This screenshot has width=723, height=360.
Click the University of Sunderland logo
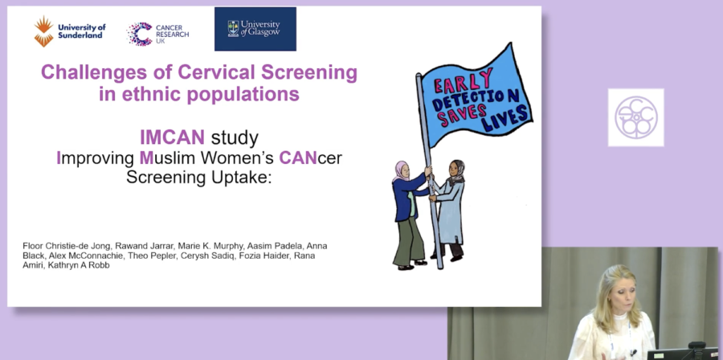pyautogui.click(x=70, y=31)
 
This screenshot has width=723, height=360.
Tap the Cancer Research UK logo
pyautogui.click(x=157, y=34)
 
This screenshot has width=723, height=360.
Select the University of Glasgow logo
pyautogui.click(x=255, y=29)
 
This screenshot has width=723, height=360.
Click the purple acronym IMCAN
pyautogui.click(x=172, y=137)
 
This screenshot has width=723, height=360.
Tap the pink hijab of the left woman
pyautogui.click(x=400, y=170)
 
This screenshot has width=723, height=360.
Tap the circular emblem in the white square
pyautogui.click(x=636, y=117)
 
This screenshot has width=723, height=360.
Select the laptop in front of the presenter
pyautogui.click(x=682, y=353)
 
